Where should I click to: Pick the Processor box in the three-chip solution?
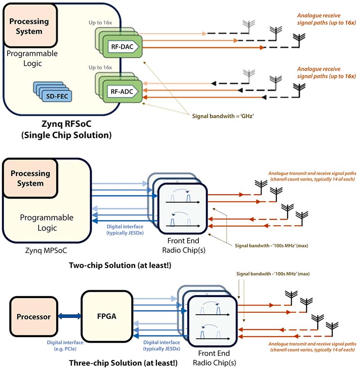click(x=34, y=316)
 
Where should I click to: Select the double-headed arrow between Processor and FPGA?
click(x=70, y=316)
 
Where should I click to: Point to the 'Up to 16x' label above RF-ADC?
click(x=101, y=67)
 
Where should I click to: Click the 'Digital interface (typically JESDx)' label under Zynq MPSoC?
click(x=125, y=230)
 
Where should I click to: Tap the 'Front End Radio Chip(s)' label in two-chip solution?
click(x=182, y=246)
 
